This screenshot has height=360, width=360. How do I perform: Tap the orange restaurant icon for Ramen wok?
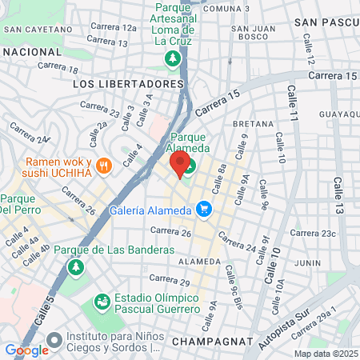(x=102, y=166)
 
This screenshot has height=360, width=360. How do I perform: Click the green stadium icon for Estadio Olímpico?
(x=102, y=302)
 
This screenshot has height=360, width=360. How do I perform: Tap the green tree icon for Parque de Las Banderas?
(x=75, y=266)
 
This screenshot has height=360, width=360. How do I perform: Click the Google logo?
(x=26, y=350)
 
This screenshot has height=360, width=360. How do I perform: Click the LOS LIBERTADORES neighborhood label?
(x=128, y=83)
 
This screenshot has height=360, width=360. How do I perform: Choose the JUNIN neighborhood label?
(x=306, y=262)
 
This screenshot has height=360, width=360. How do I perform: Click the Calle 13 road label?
(x=338, y=217)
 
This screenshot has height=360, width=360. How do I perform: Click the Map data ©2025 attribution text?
(x=326, y=354)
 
